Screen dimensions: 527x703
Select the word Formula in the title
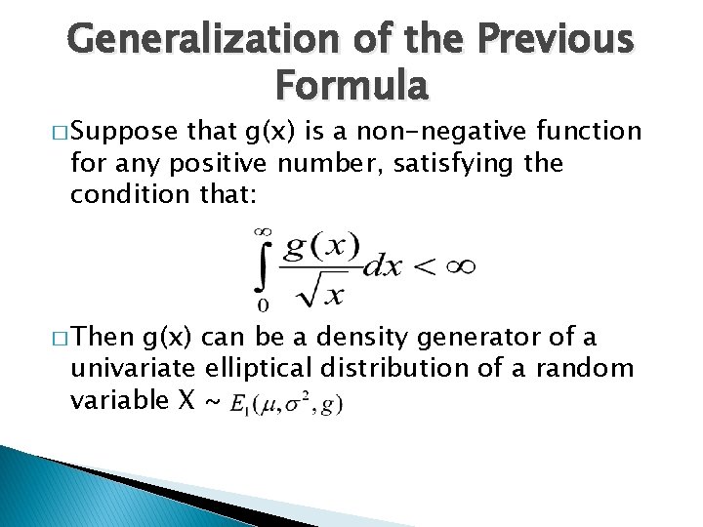(351, 85)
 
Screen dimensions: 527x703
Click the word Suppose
(121, 132)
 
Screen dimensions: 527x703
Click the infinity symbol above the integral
(262, 231)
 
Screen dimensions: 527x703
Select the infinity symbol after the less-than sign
(454, 267)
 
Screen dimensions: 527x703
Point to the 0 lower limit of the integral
(263, 304)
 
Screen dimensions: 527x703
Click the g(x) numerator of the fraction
(320, 245)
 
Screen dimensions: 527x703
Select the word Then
(104, 339)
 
